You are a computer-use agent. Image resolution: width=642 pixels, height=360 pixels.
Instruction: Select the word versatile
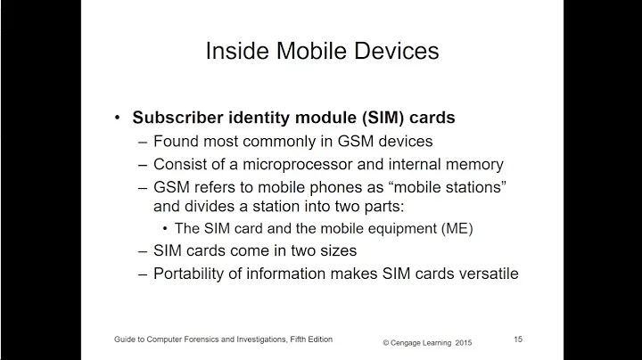click(485, 274)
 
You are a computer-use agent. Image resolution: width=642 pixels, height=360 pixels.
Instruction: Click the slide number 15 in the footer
click(518, 339)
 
